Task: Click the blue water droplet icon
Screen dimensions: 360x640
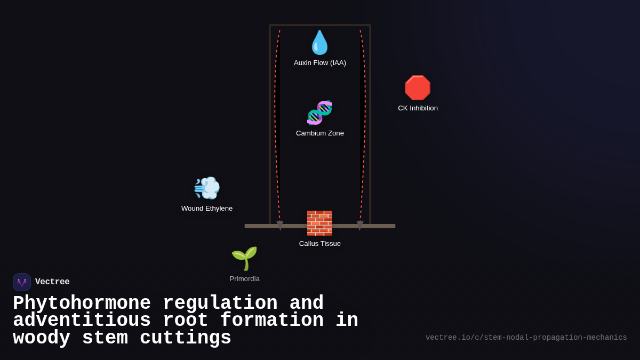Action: point(319,43)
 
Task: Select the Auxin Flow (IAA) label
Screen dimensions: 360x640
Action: point(320,63)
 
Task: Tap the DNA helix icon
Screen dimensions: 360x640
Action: point(319,113)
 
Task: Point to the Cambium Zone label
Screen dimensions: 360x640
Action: point(320,133)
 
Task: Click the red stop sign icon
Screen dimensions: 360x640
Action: point(418,88)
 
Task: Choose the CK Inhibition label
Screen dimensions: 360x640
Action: point(418,108)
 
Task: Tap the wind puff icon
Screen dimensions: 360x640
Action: point(207,188)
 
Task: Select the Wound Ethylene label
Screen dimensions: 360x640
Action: point(207,209)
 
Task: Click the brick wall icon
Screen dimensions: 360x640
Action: point(319,223)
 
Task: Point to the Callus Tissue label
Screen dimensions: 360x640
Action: point(320,244)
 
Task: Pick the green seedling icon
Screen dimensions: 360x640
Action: point(244,258)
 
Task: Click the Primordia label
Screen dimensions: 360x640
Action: point(244,279)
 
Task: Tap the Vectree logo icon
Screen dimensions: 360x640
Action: point(22,282)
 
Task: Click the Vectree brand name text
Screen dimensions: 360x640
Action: point(52,282)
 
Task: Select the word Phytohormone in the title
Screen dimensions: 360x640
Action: point(82,303)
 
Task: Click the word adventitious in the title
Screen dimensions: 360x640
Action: point(82,321)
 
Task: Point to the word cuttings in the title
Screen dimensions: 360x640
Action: point(185,338)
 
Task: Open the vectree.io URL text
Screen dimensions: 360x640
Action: point(526,338)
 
